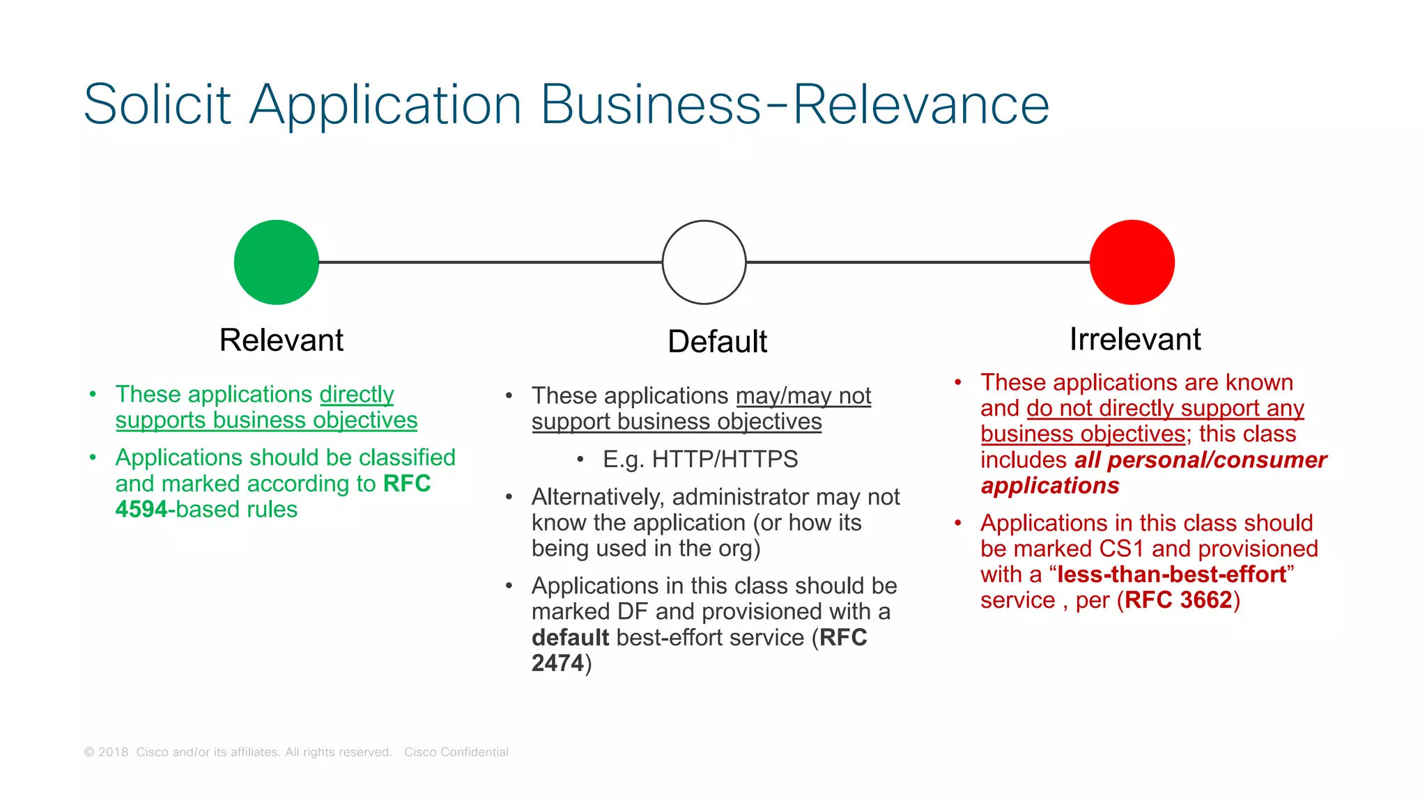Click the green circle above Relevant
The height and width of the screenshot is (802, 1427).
(277, 262)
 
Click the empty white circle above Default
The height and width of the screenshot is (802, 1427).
(704, 262)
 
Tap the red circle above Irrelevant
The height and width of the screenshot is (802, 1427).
(1132, 262)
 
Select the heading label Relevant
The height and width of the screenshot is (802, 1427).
(281, 340)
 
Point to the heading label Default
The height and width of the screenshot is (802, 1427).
(717, 342)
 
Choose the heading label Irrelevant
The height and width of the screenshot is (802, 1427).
(1135, 340)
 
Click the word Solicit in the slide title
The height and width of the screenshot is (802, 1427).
(157, 105)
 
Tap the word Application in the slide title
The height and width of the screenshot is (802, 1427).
(385, 105)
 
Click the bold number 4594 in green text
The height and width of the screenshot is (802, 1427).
(141, 510)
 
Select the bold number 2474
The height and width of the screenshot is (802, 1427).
(557, 663)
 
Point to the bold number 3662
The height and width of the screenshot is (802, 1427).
(1205, 600)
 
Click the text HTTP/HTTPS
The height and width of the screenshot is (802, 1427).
(725, 459)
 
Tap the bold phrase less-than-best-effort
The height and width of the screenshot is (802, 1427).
(1171, 574)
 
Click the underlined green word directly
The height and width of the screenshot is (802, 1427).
(357, 395)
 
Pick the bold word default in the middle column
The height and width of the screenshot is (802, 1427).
(570, 638)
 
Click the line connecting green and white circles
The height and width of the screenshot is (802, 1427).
(490, 262)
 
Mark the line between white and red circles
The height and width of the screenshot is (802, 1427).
(918, 262)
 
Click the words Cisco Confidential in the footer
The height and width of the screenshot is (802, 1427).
(456, 752)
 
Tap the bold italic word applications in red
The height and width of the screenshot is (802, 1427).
(1050, 486)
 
